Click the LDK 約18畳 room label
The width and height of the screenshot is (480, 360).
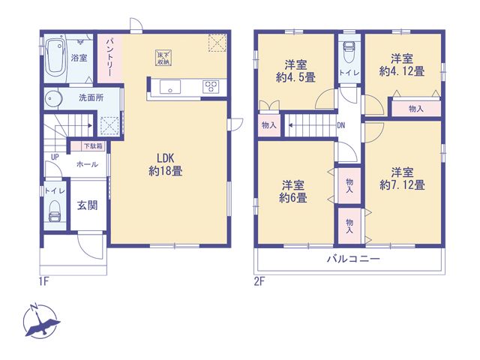166,164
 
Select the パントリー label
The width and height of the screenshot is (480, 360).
110,58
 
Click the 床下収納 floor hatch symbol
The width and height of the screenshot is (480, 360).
163,58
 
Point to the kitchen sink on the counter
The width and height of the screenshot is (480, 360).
170,87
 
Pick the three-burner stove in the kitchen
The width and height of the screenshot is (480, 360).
211,86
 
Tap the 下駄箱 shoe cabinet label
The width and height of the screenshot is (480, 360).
93,146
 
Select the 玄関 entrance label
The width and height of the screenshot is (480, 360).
88,205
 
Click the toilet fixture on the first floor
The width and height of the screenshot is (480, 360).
55,211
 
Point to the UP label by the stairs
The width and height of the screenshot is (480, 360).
55,157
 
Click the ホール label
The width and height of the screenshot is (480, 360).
87,164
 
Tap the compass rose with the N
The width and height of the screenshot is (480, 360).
40,321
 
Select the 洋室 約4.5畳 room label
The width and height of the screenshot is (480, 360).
295,71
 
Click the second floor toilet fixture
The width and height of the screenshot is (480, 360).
349,52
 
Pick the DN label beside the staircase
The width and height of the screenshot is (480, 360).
341,125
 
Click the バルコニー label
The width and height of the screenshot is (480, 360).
353,259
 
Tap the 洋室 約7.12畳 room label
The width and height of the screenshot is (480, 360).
402,178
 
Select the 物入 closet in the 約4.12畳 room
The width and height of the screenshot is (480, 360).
416,108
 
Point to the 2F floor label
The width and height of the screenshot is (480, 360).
259,281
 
